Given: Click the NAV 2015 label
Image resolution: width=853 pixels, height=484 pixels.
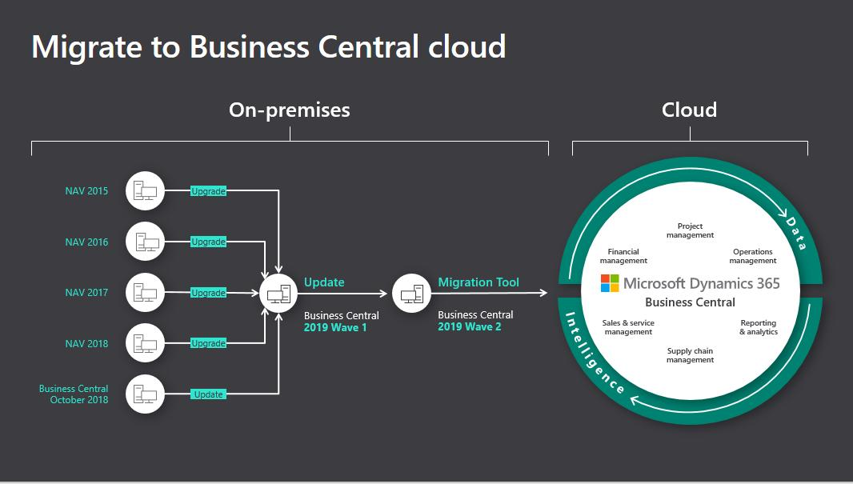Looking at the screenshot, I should (x=86, y=191).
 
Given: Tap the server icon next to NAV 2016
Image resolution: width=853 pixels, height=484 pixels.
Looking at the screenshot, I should (x=145, y=242).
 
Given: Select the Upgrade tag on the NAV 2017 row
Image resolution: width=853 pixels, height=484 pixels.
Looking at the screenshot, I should (x=208, y=293).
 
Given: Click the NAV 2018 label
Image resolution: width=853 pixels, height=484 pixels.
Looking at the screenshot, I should (x=86, y=343).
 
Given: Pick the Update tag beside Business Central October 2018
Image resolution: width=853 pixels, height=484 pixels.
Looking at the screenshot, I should (x=208, y=394).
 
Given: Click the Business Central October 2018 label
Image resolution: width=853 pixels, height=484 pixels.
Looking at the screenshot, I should (x=74, y=394).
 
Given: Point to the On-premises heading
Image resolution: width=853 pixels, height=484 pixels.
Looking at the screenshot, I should (x=290, y=110).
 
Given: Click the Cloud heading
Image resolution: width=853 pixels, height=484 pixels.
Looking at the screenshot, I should (x=689, y=110).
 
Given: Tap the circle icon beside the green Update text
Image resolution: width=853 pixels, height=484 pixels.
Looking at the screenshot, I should (x=278, y=294).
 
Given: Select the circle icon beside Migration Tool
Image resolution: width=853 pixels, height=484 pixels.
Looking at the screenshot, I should (x=411, y=294).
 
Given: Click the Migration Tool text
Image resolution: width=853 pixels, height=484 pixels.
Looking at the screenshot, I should (x=479, y=282).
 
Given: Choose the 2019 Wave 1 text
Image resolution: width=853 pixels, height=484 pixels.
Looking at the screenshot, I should (x=335, y=327).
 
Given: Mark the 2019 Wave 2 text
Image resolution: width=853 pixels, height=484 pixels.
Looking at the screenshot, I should (x=470, y=326).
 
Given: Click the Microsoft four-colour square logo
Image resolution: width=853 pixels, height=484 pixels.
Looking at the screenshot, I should (x=610, y=283).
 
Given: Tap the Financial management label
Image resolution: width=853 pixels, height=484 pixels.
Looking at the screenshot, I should (x=623, y=256).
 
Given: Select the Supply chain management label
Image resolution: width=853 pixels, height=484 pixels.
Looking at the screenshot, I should (x=690, y=355).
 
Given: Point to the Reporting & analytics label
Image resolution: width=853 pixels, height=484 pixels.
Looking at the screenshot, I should (x=758, y=327).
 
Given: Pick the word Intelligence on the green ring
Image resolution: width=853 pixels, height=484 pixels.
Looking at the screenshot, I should (x=593, y=353).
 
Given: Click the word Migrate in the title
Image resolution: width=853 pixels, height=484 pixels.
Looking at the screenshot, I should (x=88, y=46).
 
